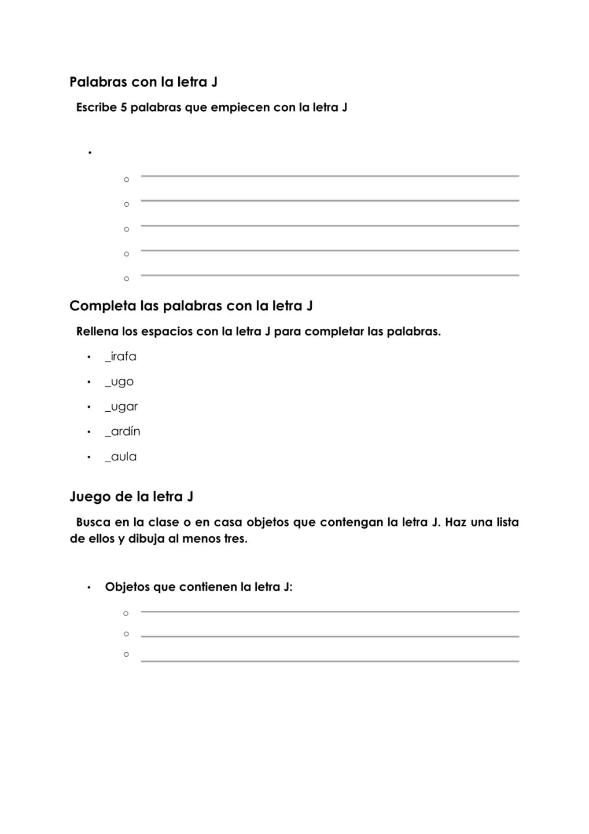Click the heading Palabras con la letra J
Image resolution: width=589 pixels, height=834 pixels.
point(143,82)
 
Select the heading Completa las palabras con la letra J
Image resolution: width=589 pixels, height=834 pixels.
point(191,306)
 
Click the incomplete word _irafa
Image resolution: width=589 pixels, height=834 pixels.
point(120,357)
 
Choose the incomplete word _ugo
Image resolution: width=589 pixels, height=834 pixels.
point(119,382)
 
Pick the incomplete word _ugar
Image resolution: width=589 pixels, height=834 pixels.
point(122,407)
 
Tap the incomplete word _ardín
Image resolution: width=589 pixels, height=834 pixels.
point(123,431)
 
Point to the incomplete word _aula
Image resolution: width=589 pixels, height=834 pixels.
point(121,457)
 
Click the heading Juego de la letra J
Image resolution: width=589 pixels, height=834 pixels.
point(131,497)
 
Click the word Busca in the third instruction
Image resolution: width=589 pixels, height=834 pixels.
point(93,522)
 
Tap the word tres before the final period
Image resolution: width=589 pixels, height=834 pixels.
point(234,539)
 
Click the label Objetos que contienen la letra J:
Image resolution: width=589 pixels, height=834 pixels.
point(198,587)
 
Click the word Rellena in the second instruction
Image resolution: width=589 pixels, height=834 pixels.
point(97,332)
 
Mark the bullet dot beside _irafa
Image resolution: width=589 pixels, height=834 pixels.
point(89,357)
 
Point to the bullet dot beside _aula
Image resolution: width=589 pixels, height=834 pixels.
point(89,458)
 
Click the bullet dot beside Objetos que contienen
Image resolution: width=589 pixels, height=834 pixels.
point(89,588)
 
